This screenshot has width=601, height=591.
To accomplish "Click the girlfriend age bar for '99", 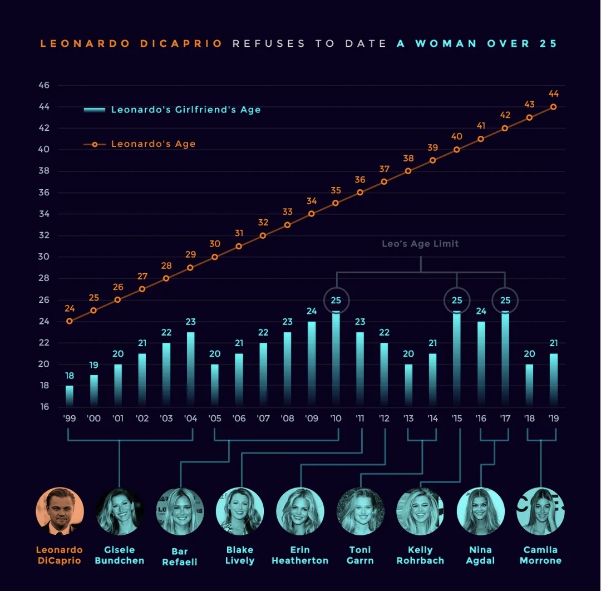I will pos(70,396).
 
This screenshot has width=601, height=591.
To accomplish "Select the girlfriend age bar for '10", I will pos(336,359).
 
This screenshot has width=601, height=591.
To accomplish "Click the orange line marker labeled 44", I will pos(553,107).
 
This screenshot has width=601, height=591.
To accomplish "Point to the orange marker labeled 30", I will pos(215,257).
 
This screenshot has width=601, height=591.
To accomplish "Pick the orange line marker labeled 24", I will pos(70,321).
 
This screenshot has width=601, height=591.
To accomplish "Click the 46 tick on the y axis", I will pos(44,85).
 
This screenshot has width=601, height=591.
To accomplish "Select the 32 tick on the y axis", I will pos(44,235).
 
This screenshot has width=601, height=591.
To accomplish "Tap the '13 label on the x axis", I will pos(408,418).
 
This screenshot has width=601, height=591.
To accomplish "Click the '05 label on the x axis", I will pos(215,418).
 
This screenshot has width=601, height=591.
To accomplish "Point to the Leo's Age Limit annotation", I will pos(420,244).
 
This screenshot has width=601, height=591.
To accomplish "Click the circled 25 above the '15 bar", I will pos(457,301).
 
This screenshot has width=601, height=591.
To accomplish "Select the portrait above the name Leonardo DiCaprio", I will pos(60,511).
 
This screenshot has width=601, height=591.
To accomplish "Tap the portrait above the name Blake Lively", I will pos(240,511).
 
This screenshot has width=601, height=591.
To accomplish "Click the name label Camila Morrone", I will pos(540,555).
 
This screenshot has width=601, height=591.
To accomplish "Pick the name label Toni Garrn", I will pos(360,555).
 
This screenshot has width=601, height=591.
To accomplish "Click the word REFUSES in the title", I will pos(269,43).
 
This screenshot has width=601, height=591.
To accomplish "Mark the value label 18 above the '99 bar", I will pos(70,376).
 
